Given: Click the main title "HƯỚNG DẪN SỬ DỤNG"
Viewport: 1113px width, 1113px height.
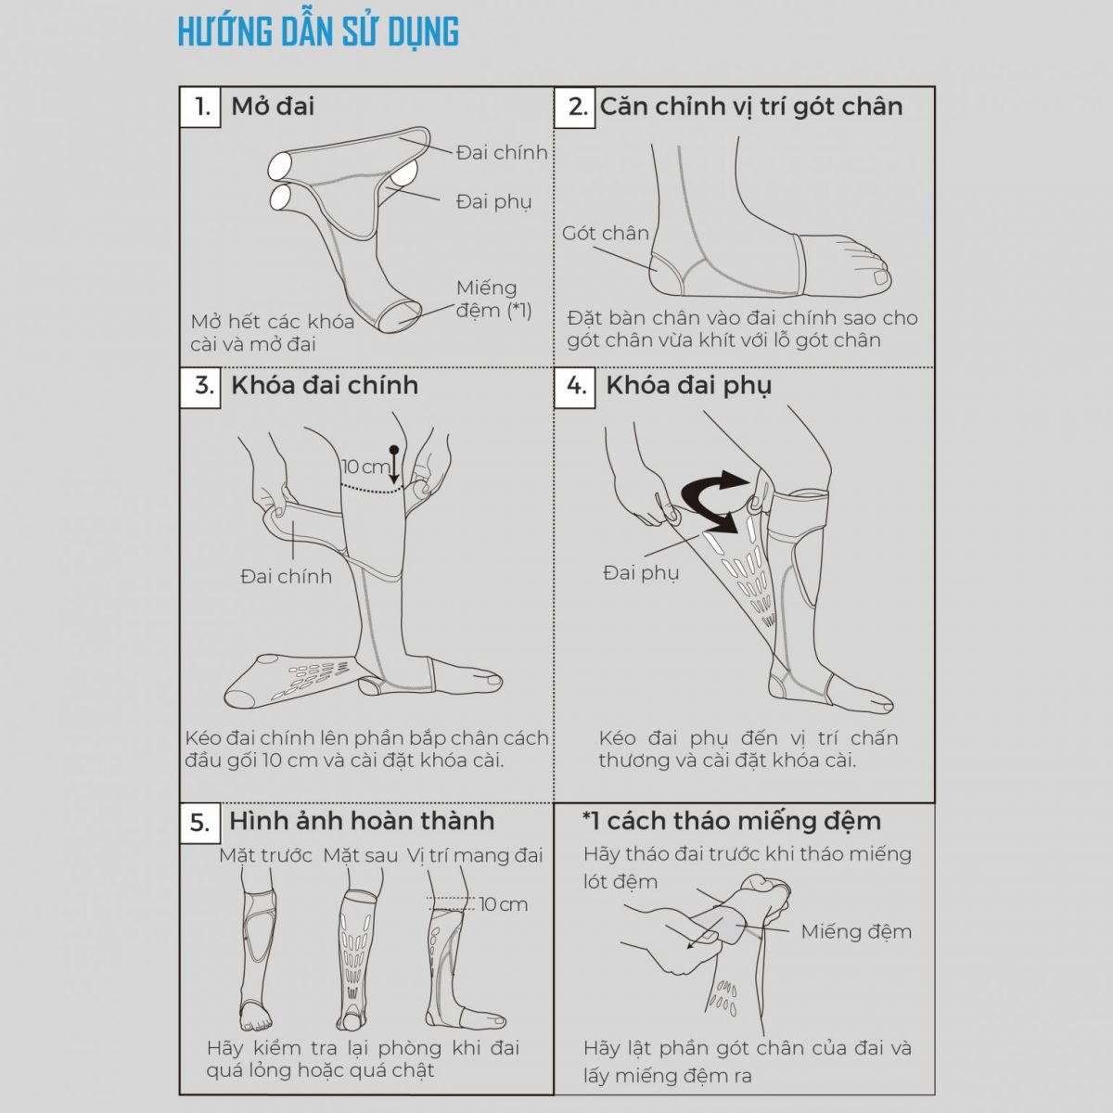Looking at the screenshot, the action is [318, 32].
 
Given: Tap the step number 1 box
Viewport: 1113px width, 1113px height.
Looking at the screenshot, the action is [200, 107].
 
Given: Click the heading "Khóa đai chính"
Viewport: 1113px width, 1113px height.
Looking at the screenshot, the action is [325, 385].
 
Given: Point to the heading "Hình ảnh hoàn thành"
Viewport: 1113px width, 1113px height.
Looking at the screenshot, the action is [362, 821].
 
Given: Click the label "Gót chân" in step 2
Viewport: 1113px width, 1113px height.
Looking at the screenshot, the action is [606, 234].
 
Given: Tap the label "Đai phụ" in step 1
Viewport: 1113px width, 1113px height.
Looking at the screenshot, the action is [493, 202].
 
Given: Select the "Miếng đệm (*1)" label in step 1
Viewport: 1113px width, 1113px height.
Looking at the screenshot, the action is [493, 300].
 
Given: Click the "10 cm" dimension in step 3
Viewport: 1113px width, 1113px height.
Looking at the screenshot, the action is [366, 467].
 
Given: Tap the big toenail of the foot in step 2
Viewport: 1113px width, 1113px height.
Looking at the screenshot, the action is [883, 278].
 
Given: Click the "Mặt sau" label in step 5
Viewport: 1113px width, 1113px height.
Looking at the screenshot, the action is [361, 855].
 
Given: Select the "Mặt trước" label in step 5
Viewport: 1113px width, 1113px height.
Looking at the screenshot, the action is [265, 856].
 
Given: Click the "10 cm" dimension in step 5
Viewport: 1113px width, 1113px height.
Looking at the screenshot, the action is [504, 904].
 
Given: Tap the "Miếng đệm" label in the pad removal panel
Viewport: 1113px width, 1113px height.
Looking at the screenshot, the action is [856, 931].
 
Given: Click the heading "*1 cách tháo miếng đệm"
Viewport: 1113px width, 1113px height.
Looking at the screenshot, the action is [732, 821].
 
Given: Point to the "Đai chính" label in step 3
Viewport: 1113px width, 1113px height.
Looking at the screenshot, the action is [287, 576].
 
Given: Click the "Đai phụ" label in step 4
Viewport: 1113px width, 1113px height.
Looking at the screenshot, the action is [641, 573].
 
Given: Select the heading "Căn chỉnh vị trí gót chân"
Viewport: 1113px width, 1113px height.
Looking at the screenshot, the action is [751, 107].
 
